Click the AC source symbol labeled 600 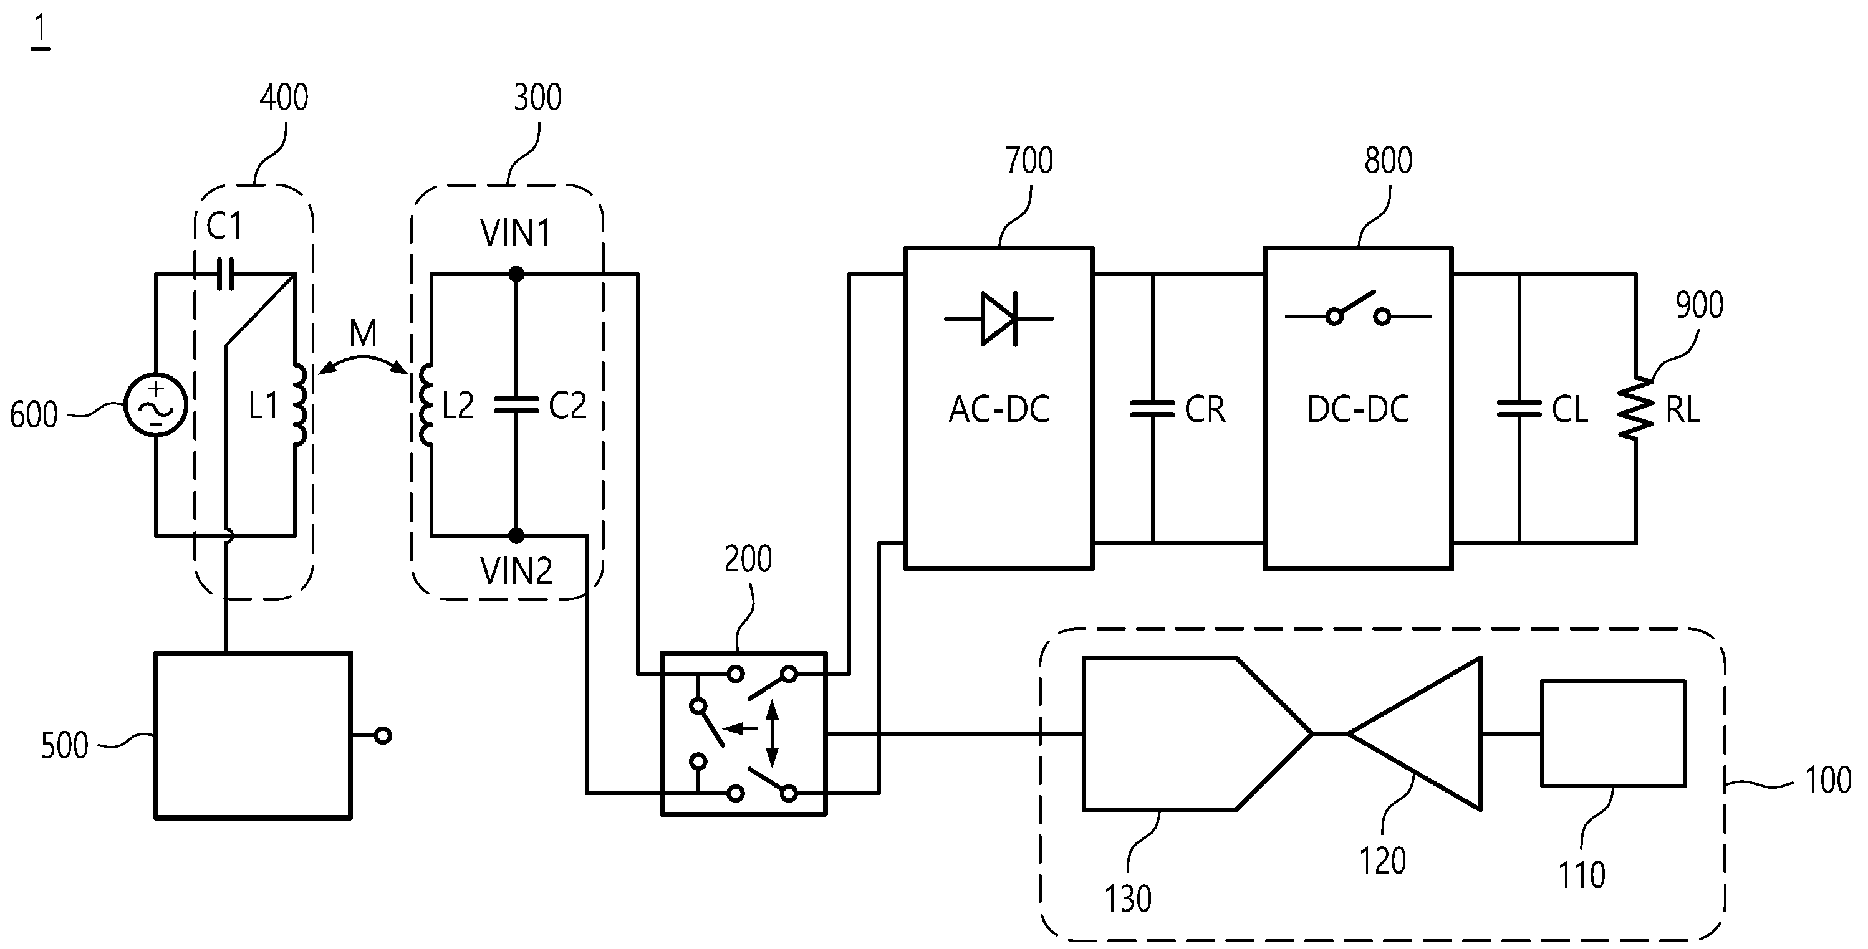pyautogui.click(x=155, y=405)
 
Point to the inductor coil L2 pyautogui.click(x=426, y=404)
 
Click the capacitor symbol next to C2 pyautogui.click(x=516, y=404)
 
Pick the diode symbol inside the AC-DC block pyautogui.click(x=999, y=318)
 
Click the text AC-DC pyautogui.click(x=999, y=409)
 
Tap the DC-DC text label pyautogui.click(x=1358, y=409)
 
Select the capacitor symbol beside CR pyautogui.click(x=1152, y=409)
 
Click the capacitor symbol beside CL pyautogui.click(x=1519, y=409)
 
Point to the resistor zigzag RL pyautogui.click(x=1637, y=409)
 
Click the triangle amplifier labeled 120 pyautogui.click(x=1414, y=733)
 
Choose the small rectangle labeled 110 pyautogui.click(x=1613, y=733)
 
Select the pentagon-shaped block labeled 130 pyautogui.click(x=1197, y=733)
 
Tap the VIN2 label pyautogui.click(x=516, y=571)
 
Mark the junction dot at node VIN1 pyautogui.click(x=516, y=274)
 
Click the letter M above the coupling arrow pyautogui.click(x=363, y=333)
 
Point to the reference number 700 pyautogui.click(x=1029, y=161)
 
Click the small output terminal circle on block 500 pyautogui.click(x=383, y=736)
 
